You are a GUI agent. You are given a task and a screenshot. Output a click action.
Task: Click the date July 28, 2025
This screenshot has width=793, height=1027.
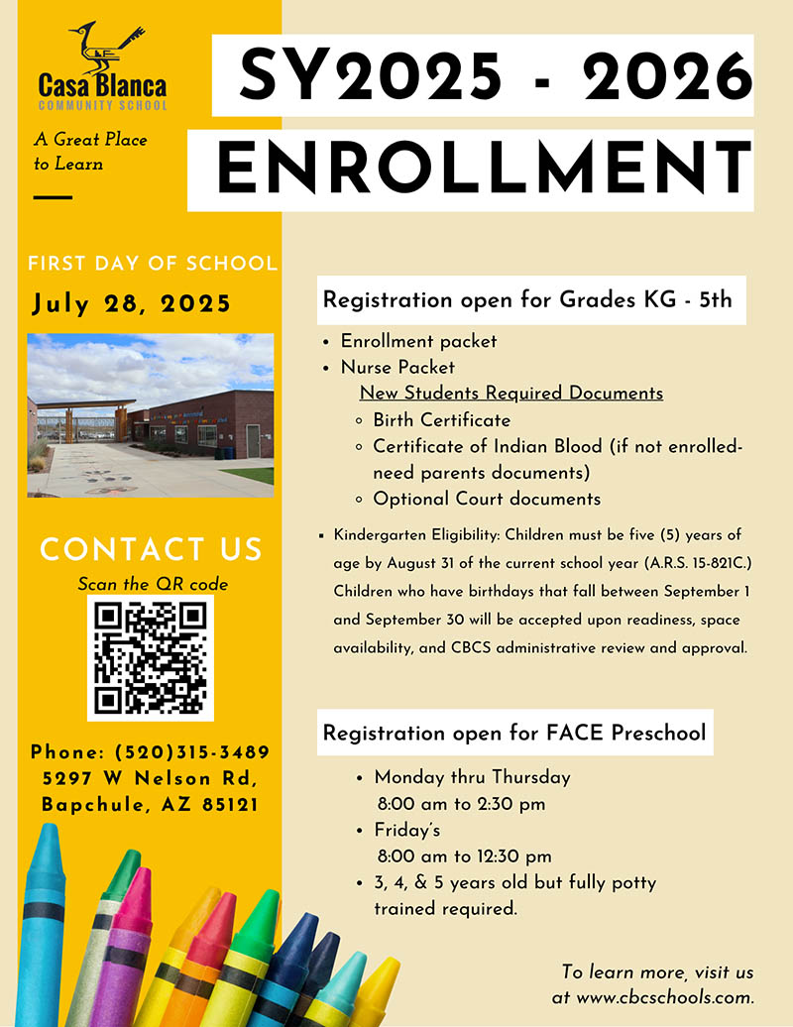coord(132,303)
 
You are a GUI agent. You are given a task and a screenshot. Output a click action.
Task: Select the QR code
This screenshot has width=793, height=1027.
coord(151,658)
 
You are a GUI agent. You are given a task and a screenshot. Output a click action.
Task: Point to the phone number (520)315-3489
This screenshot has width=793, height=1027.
coord(191,752)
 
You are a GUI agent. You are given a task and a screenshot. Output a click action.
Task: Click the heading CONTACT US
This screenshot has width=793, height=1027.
coord(151,549)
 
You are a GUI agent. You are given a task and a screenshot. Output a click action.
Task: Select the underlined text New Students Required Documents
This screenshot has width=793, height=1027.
coord(510,394)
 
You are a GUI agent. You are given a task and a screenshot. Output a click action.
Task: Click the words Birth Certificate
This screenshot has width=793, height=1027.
coord(442,420)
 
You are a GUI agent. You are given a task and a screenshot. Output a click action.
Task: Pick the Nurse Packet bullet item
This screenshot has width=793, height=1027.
coord(398,367)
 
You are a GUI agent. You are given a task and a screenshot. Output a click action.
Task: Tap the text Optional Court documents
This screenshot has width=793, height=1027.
coord(487,499)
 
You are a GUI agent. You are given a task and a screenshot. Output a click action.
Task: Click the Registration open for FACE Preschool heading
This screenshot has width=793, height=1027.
coord(514,734)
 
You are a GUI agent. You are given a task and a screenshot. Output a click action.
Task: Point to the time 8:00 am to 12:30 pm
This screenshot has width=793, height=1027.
coord(464,856)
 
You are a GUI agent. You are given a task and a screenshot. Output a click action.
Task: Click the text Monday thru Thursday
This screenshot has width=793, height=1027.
coord(472,777)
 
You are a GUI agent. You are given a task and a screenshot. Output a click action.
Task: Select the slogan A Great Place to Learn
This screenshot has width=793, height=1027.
coord(89,151)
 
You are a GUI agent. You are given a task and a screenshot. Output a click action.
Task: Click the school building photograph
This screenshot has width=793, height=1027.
coord(151,414)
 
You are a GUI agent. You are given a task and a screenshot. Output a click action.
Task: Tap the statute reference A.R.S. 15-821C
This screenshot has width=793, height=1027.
coord(690,563)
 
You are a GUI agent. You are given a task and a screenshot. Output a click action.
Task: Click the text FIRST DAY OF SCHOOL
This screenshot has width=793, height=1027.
coord(152,264)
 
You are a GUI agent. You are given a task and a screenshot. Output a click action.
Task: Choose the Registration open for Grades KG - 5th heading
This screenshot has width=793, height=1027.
coord(527,299)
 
